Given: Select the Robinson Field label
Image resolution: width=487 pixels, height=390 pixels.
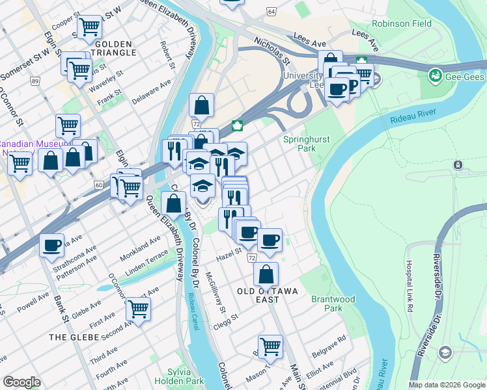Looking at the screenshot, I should [x=402, y=24].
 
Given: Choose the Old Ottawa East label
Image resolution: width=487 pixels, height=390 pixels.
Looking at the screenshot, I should [x=267, y=291].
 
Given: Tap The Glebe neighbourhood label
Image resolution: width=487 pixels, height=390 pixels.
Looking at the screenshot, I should [x=74, y=337].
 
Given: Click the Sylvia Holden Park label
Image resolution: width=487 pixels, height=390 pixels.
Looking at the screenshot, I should [x=172, y=376].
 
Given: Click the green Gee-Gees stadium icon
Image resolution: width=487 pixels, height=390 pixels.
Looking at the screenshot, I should [x=434, y=77].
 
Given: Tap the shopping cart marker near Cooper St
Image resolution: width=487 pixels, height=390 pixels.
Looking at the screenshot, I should [x=89, y=27].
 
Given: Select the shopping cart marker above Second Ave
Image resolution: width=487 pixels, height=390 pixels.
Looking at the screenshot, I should [x=138, y=309].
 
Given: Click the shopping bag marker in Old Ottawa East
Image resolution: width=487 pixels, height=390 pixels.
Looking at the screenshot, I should [x=266, y=274].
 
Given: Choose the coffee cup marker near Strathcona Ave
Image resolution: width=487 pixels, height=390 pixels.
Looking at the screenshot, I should [x=52, y=246].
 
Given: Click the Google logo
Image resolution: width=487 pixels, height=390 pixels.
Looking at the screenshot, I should [x=21, y=383].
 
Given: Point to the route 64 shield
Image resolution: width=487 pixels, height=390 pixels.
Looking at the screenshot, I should [x=271, y=12].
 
